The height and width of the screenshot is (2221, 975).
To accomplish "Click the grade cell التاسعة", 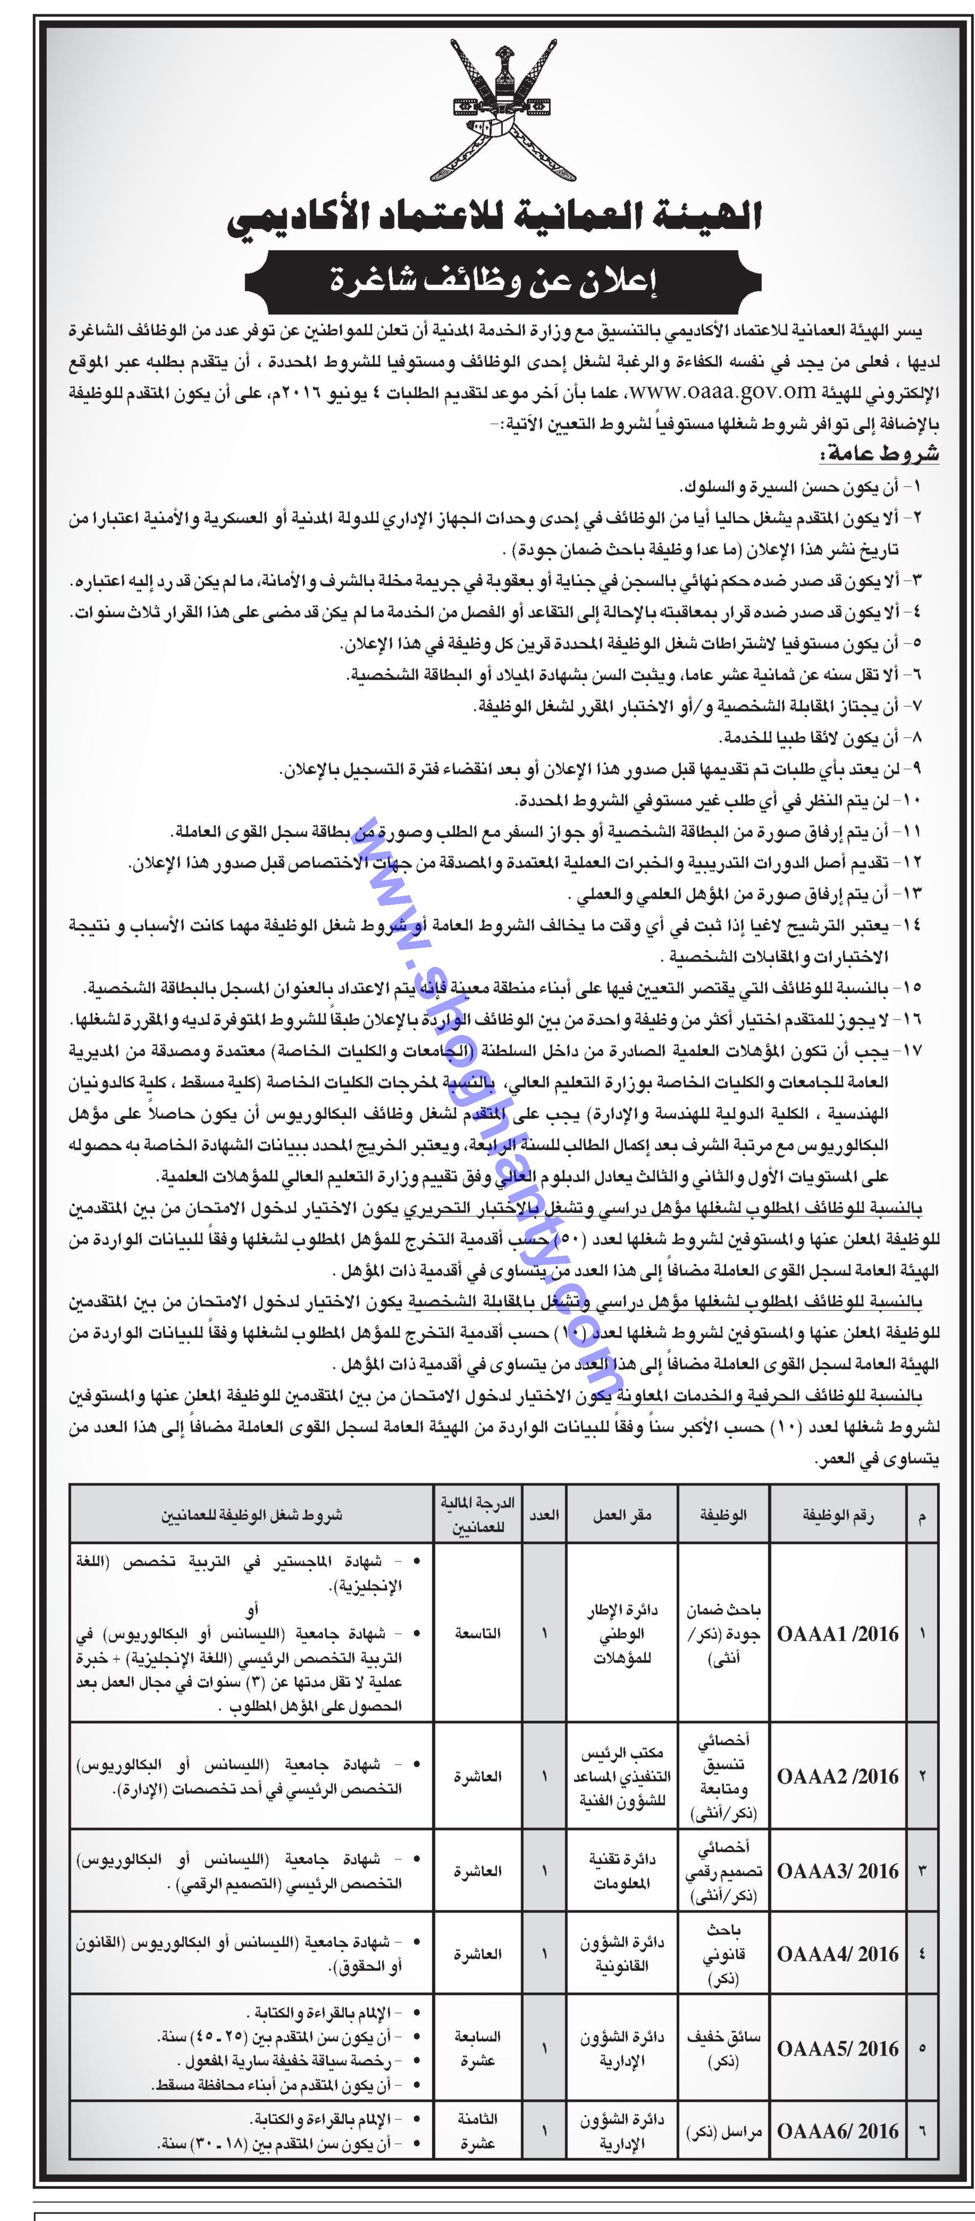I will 477,1634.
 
